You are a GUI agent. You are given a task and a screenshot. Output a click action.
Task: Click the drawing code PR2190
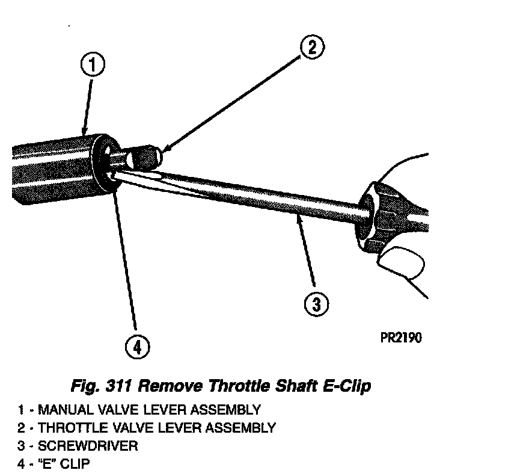[x=401, y=337]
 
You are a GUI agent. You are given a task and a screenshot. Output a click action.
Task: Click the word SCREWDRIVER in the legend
[x=88, y=446]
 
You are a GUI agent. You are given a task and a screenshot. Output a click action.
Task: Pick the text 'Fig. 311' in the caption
[x=97, y=385]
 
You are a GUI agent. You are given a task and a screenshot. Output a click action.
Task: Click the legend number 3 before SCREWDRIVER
[x=20, y=446]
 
